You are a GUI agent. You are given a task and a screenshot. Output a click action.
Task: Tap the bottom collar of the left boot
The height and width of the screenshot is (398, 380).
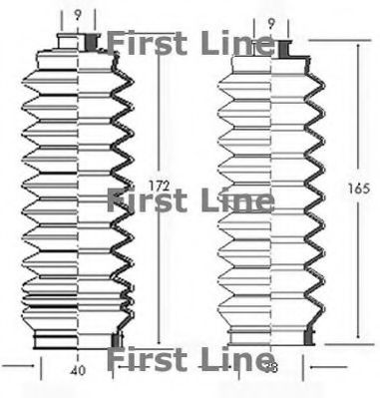tap(80, 341)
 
